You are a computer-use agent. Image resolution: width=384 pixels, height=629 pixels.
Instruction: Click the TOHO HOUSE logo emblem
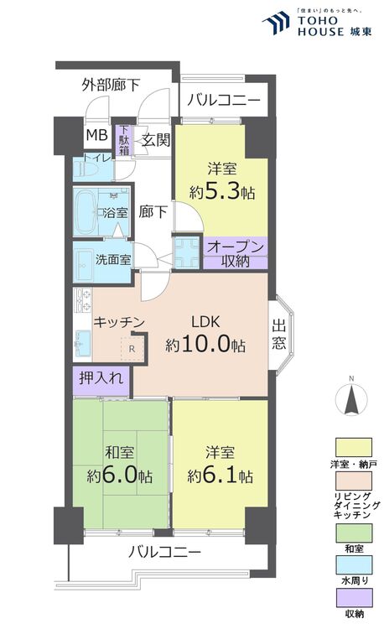275,23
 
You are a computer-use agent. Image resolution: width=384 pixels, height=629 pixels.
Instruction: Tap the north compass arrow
351,399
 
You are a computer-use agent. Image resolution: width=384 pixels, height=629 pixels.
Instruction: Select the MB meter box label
97,135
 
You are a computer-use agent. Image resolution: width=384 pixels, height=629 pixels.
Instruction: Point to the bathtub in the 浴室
85,212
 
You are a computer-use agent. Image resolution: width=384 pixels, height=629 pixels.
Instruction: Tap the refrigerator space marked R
132,349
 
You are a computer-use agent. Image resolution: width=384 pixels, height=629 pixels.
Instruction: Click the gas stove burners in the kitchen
83,300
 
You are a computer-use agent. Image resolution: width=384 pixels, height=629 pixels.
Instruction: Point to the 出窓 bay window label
279,334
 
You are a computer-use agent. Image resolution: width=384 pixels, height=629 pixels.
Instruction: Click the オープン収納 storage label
236,254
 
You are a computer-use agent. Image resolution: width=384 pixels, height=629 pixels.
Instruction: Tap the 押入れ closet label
101,378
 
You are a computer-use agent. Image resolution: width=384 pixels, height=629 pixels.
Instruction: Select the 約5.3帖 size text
221,193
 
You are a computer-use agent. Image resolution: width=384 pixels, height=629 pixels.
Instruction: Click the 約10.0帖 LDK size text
205,344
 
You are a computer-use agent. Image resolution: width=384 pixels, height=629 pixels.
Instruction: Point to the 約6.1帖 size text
220,476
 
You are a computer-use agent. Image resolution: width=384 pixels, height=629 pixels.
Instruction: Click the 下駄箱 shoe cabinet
125,140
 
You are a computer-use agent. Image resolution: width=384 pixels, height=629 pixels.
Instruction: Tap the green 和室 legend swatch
354,533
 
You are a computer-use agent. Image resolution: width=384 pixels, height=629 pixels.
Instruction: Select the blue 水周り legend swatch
354,565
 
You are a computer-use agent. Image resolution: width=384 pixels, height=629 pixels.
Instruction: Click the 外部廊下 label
111,85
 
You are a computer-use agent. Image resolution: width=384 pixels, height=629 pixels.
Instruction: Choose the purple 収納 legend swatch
354,598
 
